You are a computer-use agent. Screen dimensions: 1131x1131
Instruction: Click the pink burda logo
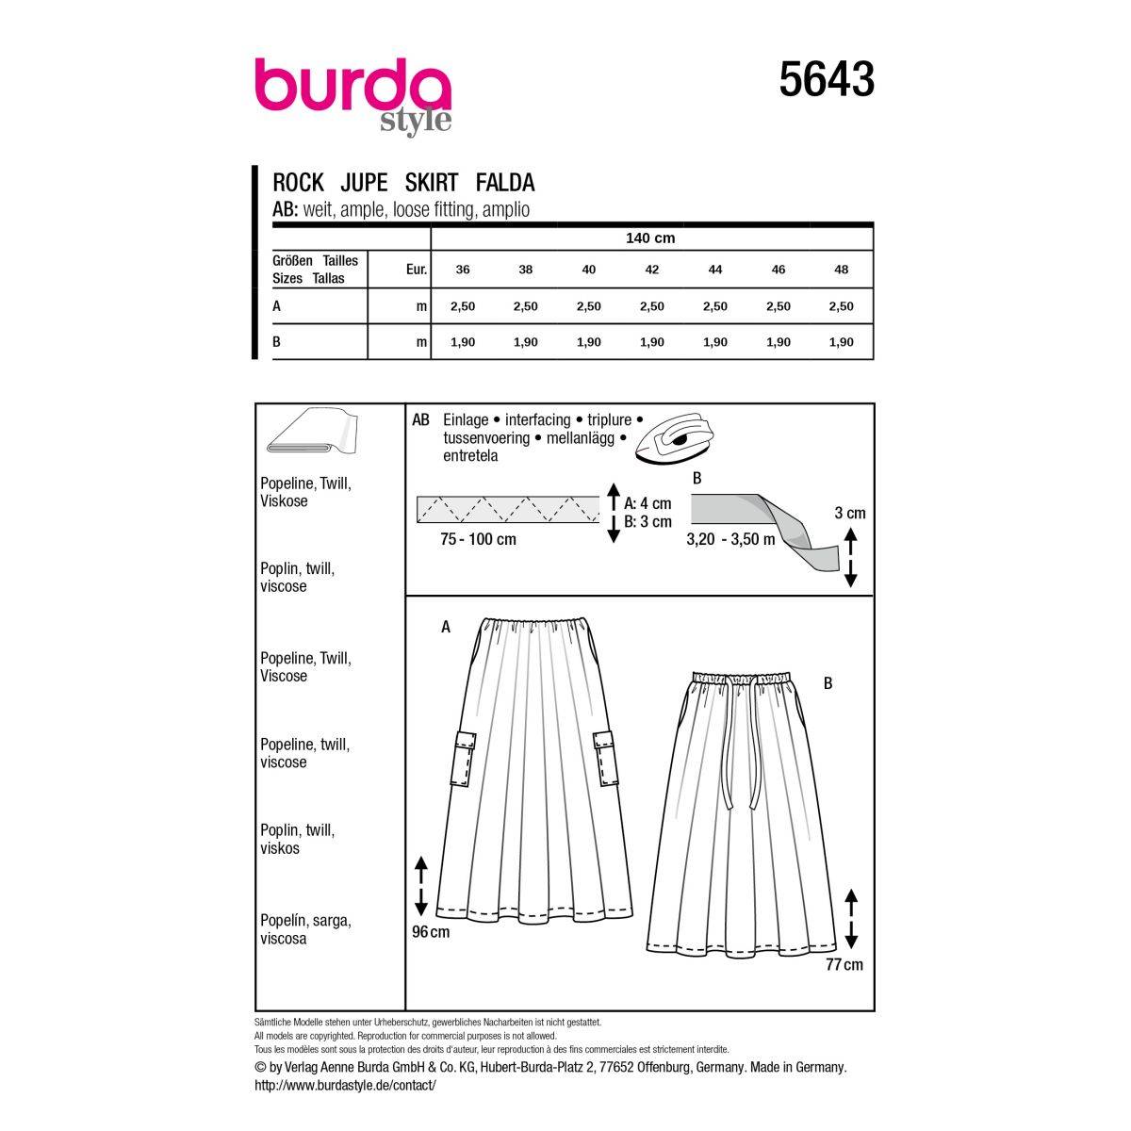point(352,85)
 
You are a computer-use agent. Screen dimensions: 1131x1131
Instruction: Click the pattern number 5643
point(826,80)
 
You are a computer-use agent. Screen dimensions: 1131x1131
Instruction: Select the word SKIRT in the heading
point(432,183)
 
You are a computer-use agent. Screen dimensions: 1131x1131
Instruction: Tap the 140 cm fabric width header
point(650,238)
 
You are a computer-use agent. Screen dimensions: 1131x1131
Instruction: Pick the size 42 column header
point(651,270)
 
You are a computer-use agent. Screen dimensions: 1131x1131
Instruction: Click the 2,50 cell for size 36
point(463,306)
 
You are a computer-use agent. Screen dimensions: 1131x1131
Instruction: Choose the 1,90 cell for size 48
point(841,342)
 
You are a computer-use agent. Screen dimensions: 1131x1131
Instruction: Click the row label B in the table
point(276,341)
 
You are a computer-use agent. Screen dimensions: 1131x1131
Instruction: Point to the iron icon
point(669,437)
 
